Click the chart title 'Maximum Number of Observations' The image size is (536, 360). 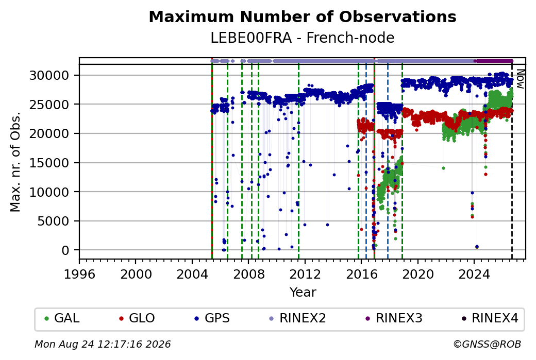click(x=303, y=16)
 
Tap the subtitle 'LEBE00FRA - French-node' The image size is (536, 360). click(x=303, y=38)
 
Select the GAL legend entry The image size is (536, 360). click(x=62, y=318)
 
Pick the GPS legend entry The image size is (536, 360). click(x=212, y=318)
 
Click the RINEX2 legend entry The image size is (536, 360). click(x=297, y=318)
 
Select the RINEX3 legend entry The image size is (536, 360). click(x=394, y=318)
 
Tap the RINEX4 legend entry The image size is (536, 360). click(x=490, y=318)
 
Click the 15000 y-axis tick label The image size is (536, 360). click(x=49, y=163)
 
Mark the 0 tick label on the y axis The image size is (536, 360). click(x=65, y=250)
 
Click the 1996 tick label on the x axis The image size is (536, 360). click(x=79, y=274)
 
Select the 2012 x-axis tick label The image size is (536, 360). click(x=305, y=274)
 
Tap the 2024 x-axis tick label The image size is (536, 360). click(x=474, y=274)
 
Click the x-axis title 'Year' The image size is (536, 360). click(x=303, y=293)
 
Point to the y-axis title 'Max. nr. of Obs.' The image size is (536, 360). click(x=15, y=162)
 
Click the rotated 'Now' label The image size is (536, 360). click(x=520, y=79)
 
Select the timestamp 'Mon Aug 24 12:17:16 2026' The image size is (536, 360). click(x=103, y=344)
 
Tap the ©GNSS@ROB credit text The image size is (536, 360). click(x=487, y=344)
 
